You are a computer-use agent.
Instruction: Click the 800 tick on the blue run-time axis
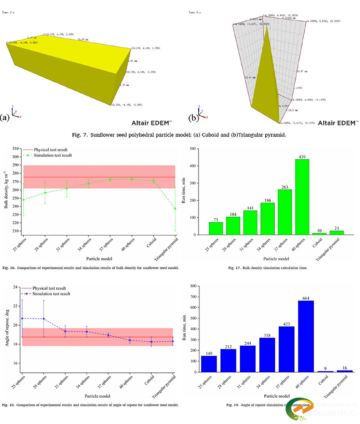click(195, 286)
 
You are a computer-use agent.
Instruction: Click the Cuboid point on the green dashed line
click(153, 181)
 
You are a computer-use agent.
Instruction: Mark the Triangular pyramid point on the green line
click(175, 208)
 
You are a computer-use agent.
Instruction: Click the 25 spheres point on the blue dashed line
click(23, 318)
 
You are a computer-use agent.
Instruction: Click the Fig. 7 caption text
click(180, 135)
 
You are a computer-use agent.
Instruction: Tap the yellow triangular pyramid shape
click(265, 81)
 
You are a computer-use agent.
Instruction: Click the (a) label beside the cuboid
click(6, 118)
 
